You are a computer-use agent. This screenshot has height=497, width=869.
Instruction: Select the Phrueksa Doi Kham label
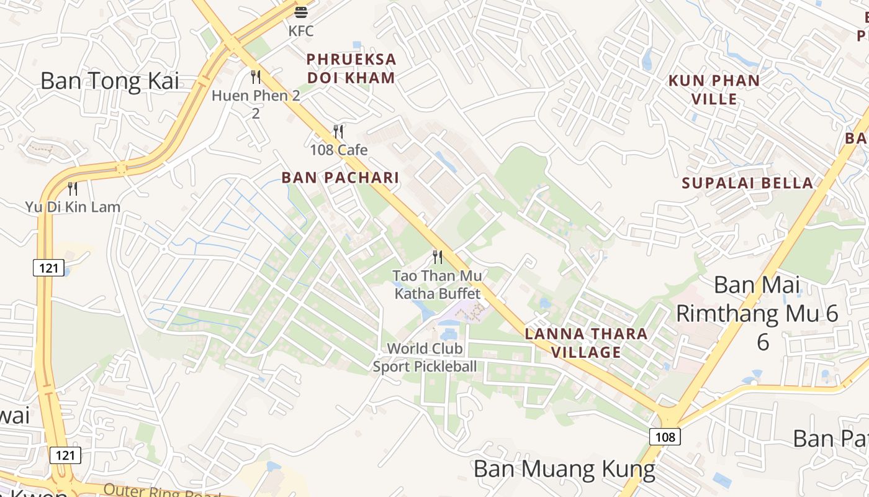coord(351,68)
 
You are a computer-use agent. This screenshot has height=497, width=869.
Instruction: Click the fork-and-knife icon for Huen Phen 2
coord(255,77)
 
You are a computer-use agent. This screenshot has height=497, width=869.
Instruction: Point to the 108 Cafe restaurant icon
coord(338,132)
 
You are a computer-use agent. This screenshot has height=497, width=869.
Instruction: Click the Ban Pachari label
coord(340,178)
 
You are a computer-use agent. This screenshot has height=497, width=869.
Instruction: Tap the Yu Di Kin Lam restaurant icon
coord(73,188)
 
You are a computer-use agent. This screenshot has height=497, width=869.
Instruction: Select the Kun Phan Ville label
coord(714,89)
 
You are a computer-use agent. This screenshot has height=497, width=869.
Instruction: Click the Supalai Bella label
coord(747,183)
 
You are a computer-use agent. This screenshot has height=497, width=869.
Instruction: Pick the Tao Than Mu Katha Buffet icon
coord(438,257)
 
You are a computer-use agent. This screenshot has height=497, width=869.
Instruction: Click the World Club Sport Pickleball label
coord(425,357)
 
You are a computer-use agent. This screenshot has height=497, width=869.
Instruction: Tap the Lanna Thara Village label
coord(586,343)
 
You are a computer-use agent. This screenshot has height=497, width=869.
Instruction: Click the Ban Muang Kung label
coord(564,469)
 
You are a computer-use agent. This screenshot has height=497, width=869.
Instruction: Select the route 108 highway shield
coord(665,437)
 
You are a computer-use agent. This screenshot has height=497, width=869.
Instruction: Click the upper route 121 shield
coord(48,268)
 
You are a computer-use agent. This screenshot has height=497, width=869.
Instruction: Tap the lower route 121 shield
coord(65,455)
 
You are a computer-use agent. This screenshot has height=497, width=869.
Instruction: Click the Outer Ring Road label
coord(162,491)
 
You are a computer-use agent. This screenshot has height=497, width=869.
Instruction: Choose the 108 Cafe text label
coord(339,150)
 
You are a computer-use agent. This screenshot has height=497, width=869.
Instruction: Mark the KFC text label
coord(301,30)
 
